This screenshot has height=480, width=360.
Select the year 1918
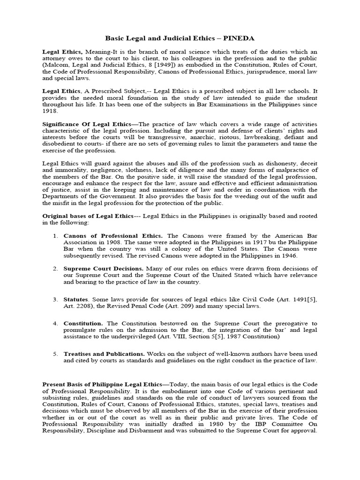point(50,112)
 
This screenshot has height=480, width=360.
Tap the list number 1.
point(55,235)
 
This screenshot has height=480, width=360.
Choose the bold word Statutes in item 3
point(77,299)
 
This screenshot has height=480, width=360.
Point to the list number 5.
point(55,353)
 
